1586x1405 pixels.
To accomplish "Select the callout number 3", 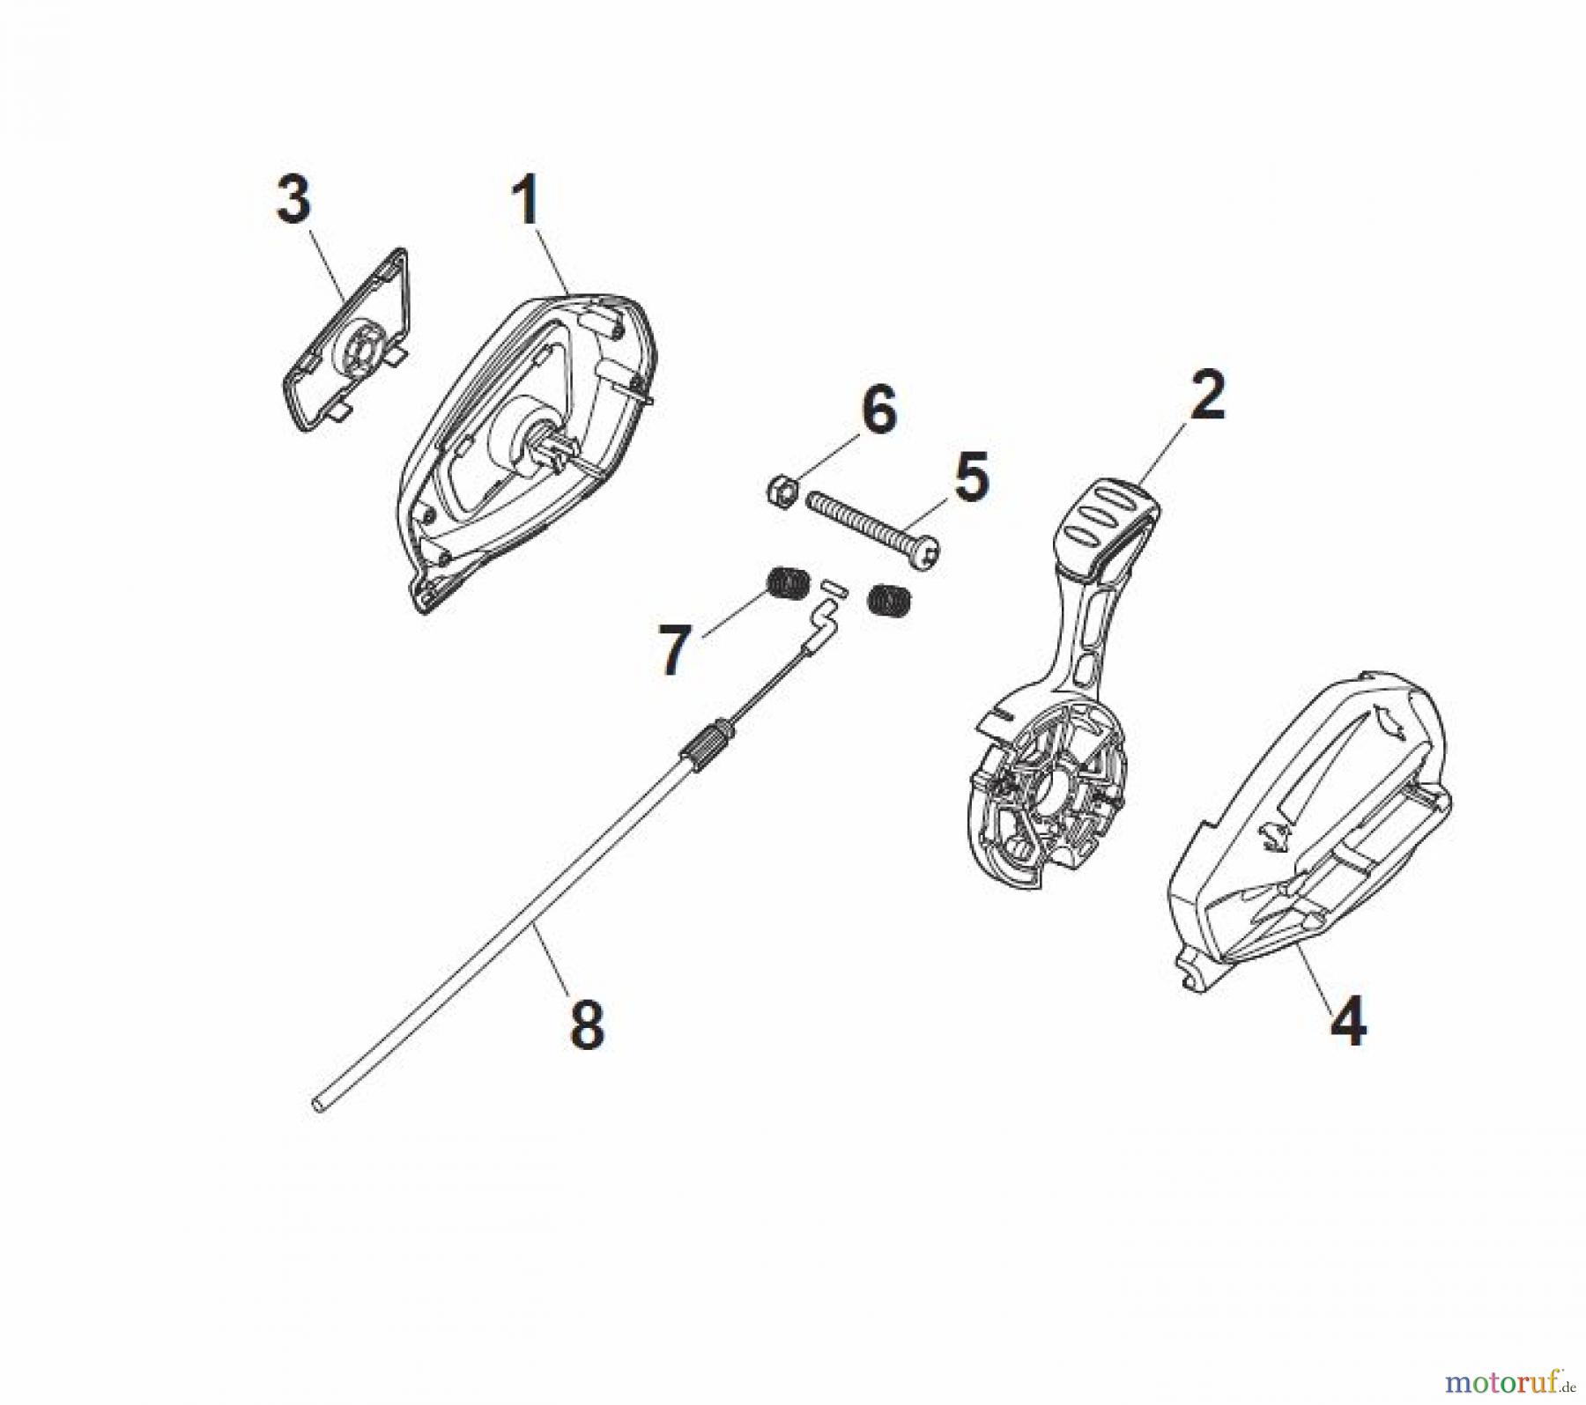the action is click(293, 200).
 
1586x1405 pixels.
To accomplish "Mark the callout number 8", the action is click(587, 1024).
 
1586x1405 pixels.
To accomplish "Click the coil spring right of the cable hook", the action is click(890, 598).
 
